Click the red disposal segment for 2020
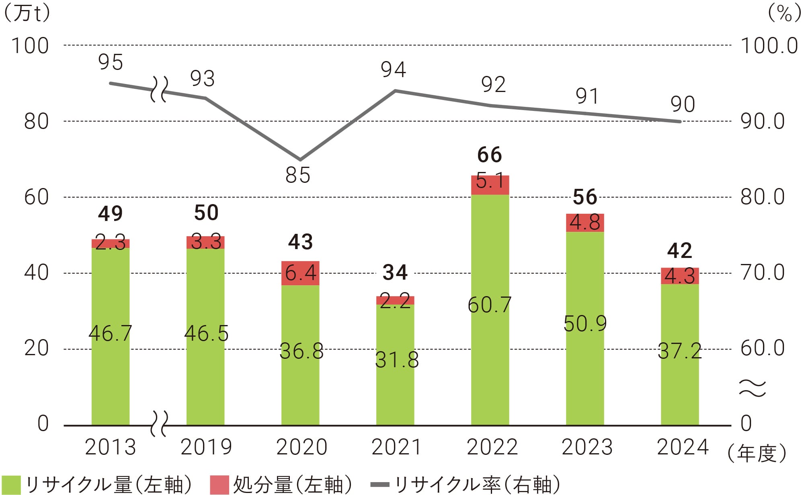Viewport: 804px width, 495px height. (x=300, y=273)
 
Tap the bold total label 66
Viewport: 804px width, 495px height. (x=490, y=155)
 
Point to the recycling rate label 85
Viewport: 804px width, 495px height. (x=298, y=176)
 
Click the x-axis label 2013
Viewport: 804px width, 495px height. (x=111, y=447)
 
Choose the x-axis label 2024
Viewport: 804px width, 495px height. (x=683, y=447)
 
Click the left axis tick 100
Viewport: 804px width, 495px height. (x=30, y=45)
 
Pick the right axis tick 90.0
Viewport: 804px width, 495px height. (x=763, y=121)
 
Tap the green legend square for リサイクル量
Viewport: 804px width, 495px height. (x=11, y=485)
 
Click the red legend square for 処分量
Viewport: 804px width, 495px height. (x=219, y=485)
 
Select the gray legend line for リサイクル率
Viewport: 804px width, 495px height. (x=379, y=485)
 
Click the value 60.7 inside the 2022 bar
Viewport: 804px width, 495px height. (x=490, y=305)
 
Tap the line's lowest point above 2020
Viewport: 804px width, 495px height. (x=300, y=160)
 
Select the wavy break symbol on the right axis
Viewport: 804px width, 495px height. (x=753, y=388)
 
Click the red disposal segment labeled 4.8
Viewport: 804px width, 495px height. (x=585, y=223)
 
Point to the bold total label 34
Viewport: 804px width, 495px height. (x=395, y=272)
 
